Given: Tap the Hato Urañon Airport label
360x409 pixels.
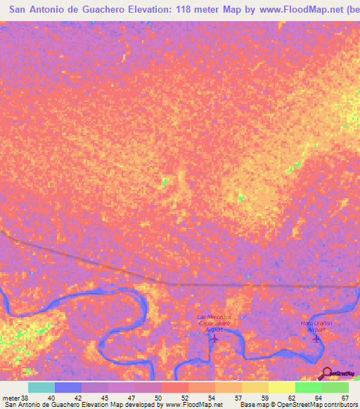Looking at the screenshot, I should pos(317,326).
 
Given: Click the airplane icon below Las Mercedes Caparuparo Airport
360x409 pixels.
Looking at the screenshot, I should pos(214,339).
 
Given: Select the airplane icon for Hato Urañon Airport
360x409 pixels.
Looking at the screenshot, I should pos(316,339).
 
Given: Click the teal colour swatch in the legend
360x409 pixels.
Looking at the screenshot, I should pos(41,387).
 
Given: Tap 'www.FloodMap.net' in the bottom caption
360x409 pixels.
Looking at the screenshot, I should pos(192,405).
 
